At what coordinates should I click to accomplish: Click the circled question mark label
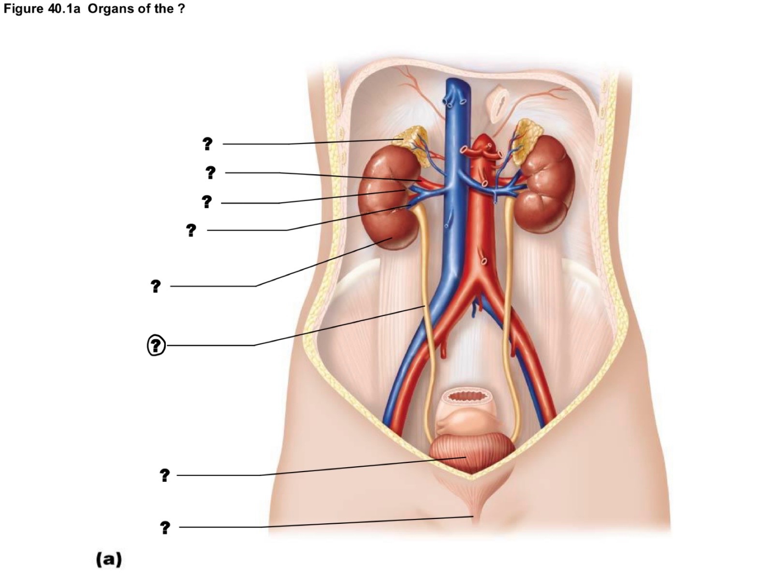[157, 345]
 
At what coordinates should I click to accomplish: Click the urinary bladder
[471, 453]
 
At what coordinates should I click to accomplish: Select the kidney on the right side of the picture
[543, 184]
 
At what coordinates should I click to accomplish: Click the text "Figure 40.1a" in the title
[42, 9]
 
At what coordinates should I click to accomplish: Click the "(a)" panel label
[109, 559]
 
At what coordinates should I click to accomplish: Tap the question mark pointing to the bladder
[165, 475]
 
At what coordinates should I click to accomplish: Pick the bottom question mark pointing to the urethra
[165, 528]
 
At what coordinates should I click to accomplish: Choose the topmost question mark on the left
[207, 144]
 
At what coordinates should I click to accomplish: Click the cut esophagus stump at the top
[499, 104]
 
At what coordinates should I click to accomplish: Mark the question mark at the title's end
[182, 9]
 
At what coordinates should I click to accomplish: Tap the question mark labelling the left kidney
[156, 286]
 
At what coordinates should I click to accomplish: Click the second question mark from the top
[210, 173]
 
